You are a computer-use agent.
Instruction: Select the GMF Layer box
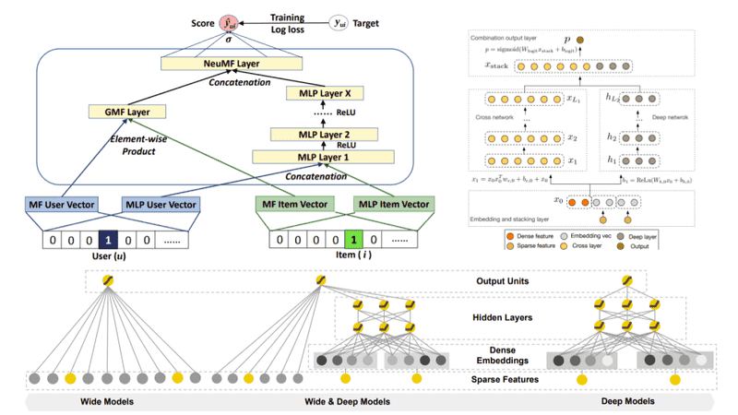pyautogui.click(x=121, y=112)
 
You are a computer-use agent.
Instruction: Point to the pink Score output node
pyautogui.click(x=226, y=21)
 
